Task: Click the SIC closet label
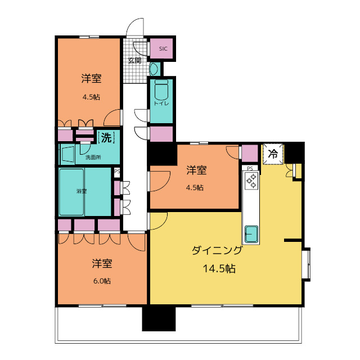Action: click(163, 49)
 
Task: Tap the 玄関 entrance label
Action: click(134, 60)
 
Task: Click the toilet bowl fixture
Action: click(161, 90)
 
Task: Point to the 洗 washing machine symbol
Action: click(106, 137)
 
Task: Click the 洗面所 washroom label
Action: click(93, 157)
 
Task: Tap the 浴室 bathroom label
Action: click(82, 191)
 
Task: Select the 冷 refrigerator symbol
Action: click(273, 154)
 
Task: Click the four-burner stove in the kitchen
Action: click(251, 180)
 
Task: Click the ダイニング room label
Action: click(217, 251)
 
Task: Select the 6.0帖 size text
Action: click(102, 280)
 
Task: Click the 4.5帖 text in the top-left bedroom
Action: click(91, 97)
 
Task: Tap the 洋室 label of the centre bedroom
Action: click(196, 170)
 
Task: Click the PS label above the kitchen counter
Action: click(250, 168)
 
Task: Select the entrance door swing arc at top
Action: click(135, 28)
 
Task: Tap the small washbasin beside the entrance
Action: click(154, 69)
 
